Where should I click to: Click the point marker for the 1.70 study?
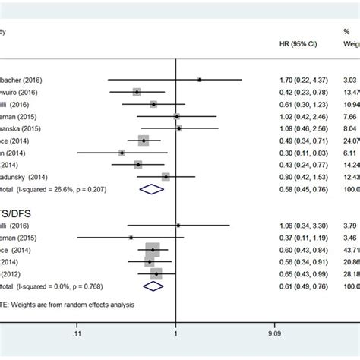coord(199,79)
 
